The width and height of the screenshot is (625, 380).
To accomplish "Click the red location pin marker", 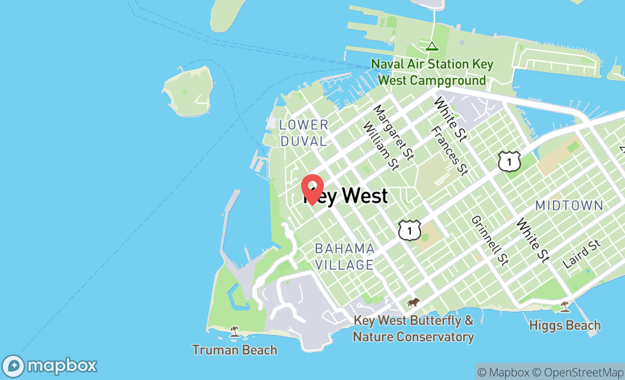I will (x=312, y=189).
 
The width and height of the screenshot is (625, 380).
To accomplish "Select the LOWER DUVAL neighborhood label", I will (x=304, y=133).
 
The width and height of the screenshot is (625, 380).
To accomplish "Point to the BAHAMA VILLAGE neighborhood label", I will (x=344, y=257).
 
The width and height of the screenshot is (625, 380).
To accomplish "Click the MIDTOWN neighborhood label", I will (x=569, y=205).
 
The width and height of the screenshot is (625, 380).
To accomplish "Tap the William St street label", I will (x=381, y=146).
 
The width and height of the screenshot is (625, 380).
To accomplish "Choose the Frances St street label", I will (x=449, y=151).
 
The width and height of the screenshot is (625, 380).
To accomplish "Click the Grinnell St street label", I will (x=489, y=240).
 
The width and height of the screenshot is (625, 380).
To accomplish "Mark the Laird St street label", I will (x=581, y=254).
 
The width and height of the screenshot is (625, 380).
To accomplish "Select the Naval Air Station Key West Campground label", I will (x=432, y=72).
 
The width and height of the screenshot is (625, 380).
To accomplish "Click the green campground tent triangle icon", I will (x=432, y=46).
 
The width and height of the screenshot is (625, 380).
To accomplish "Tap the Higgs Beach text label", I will (x=565, y=325).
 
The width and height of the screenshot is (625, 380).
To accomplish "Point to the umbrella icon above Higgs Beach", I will (x=565, y=307).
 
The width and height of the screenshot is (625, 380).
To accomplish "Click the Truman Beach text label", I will (x=235, y=350).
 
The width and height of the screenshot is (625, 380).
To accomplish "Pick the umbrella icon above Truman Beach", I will (x=234, y=331).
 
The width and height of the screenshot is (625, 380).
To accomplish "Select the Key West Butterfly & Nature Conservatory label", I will (x=413, y=329).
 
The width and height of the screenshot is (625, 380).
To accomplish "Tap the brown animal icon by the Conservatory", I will (x=413, y=302).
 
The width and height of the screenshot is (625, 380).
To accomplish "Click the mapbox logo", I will (x=49, y=365).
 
